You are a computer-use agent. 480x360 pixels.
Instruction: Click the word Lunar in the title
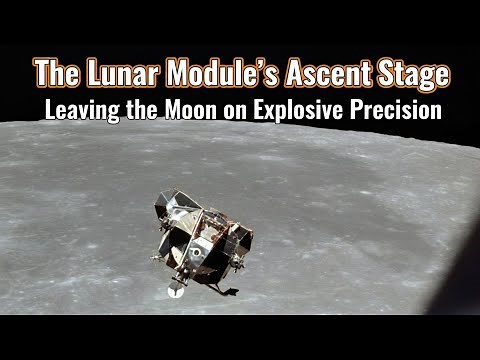(x=110, y=73)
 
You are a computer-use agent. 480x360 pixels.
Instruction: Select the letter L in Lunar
(x=85, y=73)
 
